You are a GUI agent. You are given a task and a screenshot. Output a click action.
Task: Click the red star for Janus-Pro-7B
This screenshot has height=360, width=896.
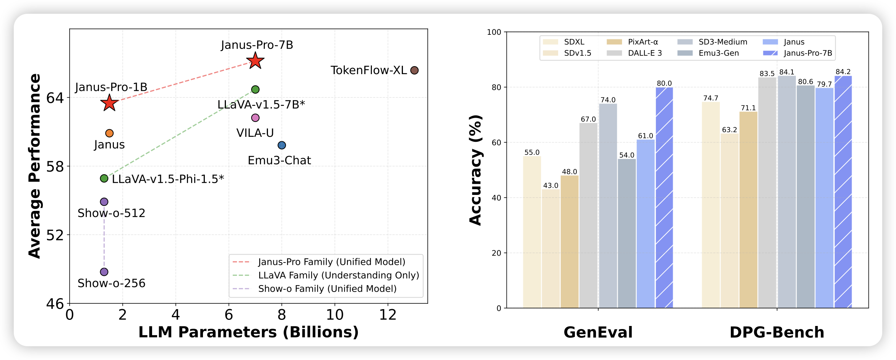coord(255,60)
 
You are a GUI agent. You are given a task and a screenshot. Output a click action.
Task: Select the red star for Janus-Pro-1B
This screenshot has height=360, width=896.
coord(110,102)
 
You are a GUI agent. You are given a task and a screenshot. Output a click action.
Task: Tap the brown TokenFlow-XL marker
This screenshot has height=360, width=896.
coord(414,70)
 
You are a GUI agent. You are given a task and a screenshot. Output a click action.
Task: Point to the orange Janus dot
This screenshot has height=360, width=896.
coord(109,133)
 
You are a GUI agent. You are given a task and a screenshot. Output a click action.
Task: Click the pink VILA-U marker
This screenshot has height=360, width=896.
coord(255,118)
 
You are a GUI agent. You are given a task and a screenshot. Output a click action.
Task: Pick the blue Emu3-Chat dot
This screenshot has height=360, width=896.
coord(282,145)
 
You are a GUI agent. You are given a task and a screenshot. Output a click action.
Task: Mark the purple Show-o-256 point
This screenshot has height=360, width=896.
coord(104,272)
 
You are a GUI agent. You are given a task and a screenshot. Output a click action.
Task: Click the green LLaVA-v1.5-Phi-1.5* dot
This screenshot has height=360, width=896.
coord(104,178)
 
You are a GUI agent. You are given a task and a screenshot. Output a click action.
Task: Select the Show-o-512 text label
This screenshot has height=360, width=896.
coord(111,213)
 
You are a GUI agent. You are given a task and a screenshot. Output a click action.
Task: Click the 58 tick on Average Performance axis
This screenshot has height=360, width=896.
coord(55,167)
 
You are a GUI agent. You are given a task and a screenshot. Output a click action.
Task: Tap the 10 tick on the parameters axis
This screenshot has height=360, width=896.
coord(334,315)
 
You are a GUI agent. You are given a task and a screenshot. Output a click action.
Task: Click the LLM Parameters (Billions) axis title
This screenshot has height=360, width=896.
coord(248,332)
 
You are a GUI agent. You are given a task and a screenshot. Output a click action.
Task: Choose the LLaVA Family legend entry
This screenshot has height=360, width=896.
coord(338,275)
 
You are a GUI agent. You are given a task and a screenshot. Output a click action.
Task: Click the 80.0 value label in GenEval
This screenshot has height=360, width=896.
coord(664,83)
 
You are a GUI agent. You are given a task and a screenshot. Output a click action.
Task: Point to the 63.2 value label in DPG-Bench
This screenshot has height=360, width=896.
coord(729,130)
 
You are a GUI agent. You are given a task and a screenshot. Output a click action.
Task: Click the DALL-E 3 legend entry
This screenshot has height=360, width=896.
coord(645,53)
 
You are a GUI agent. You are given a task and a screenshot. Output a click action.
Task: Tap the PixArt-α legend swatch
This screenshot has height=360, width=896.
coord(614,42)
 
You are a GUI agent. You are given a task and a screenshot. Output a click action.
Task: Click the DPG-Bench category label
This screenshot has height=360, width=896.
coord(777,332)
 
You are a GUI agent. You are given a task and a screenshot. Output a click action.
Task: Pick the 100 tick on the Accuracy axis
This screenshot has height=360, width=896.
coord(494,32)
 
